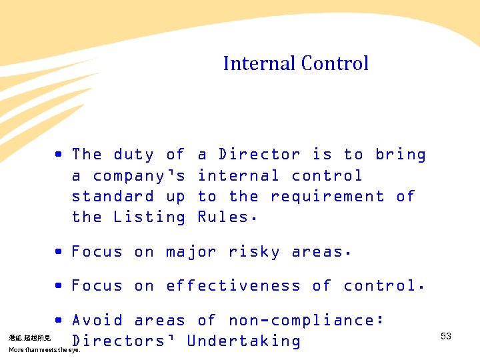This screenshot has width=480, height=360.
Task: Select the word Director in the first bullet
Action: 259,155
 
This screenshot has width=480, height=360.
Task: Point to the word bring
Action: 400,155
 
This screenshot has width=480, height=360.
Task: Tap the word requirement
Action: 327,197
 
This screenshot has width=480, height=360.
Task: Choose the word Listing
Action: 150,217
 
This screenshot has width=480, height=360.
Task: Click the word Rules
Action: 228,217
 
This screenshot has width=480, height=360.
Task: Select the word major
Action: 191,253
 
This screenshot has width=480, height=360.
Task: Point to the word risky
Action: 254,253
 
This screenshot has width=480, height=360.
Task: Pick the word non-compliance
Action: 306,321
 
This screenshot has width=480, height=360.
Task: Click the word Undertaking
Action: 244,341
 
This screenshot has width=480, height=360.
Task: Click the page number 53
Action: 446,337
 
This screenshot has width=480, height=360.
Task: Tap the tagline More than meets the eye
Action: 44,350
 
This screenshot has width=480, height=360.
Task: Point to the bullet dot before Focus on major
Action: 59,252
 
